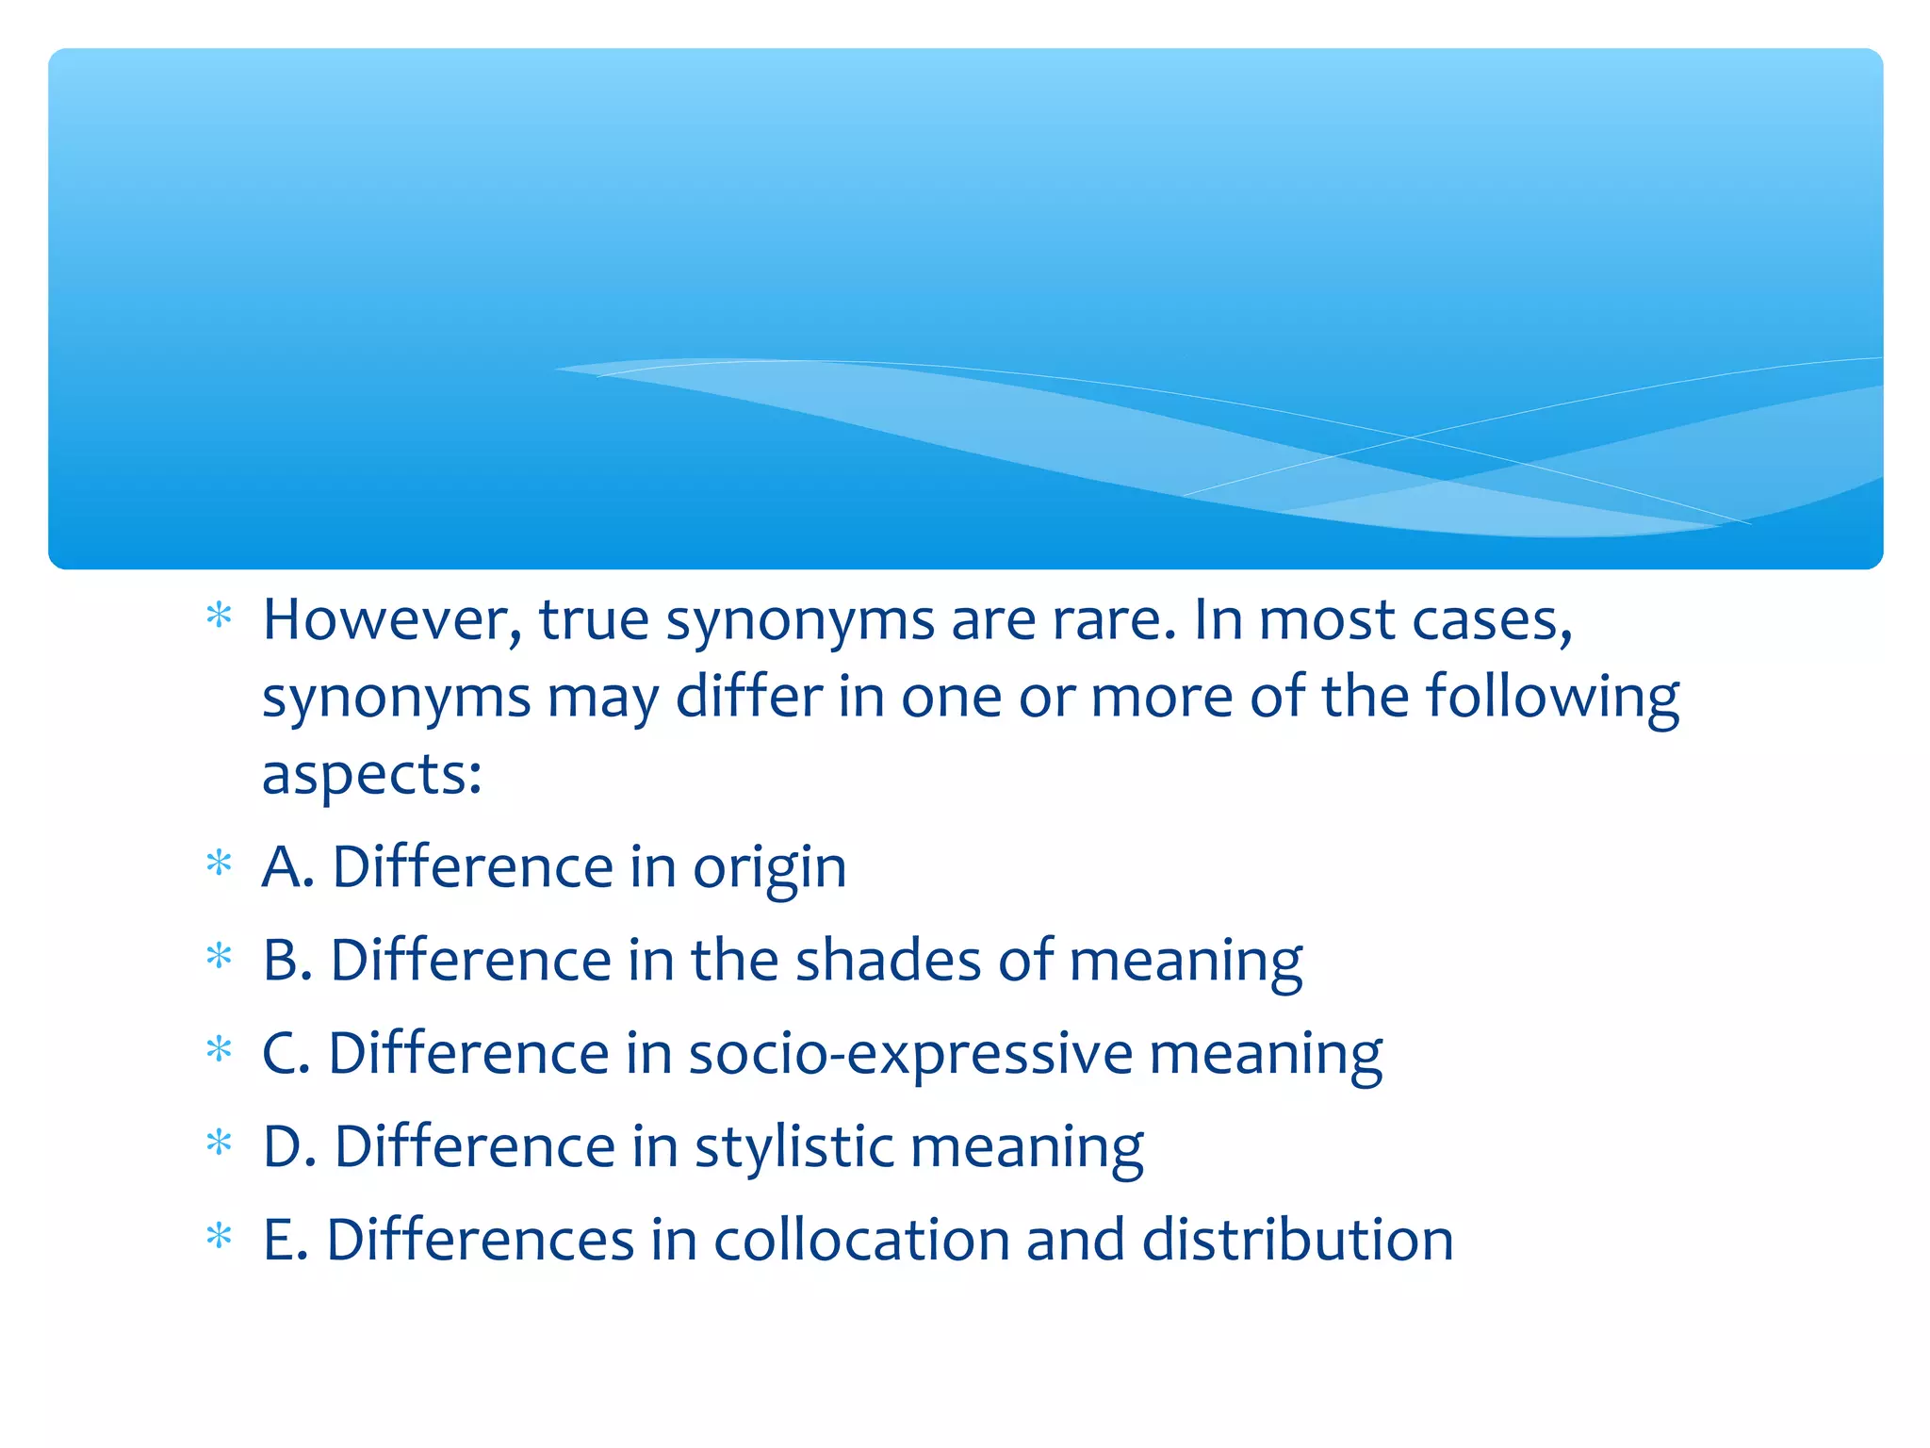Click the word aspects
(x=371, y=776)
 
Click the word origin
(x=769, y=867)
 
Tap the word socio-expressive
(x=910, y=1053)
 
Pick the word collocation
(x=860, y=1240)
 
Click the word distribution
(x=1298, y=1240)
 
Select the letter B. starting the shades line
(x=286, y=961)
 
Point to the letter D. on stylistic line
(x=288, y=1147)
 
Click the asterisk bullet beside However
(x=219, y=617)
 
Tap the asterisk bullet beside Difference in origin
(x=219, y=863)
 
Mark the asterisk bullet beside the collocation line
(x=219, y=1235)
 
